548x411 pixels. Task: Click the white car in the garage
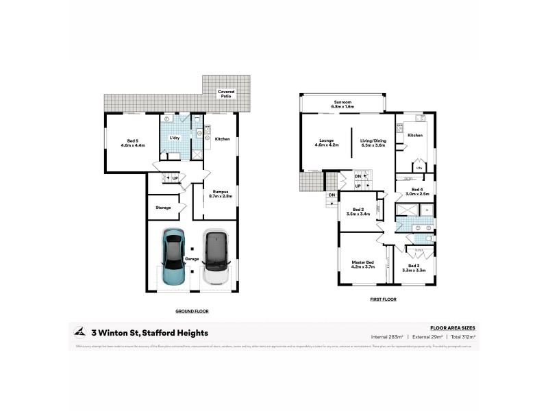coord(216,257)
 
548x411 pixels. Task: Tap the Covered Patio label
coord(225,94)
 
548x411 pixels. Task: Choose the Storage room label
coord(162,207)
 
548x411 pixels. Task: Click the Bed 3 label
coord(414,268)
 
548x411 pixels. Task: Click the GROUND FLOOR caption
coord(192,311)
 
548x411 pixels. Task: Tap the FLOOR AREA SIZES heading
coord(452,328)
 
